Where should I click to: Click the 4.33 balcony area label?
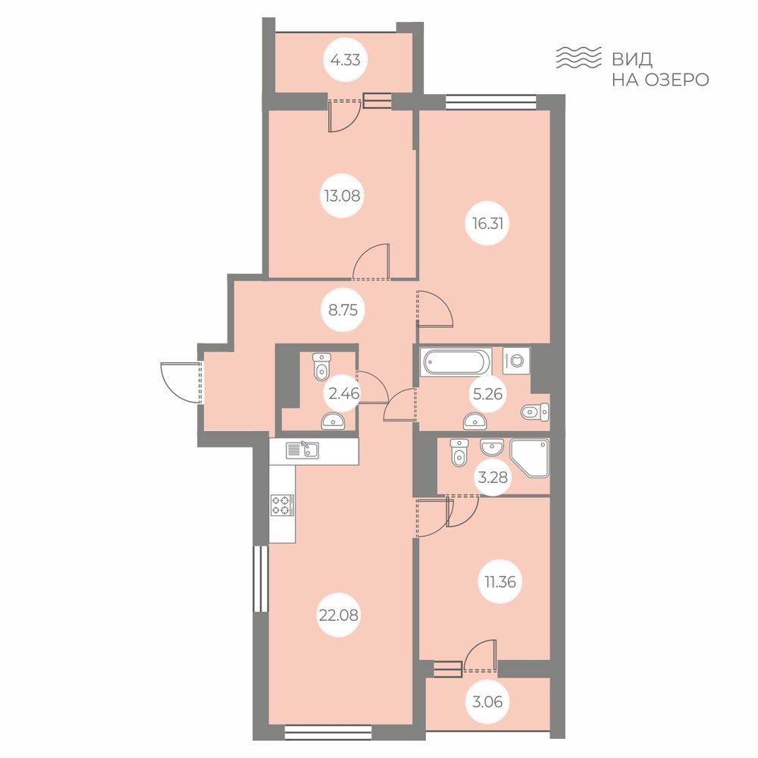coord(345,61)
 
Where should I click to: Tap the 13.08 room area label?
coord(343,196)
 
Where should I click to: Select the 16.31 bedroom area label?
coord(487,224)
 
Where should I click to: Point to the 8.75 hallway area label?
coord(343,310)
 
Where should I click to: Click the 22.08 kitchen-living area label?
coord(338,615)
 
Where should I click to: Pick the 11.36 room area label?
coord(500,581)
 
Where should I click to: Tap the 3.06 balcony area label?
coord(487,701)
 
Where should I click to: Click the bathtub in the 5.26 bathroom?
coord(453,362)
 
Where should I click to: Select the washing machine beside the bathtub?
coord(515,361)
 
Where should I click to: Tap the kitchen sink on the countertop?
coord(302,450)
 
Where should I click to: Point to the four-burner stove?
coord(282,505)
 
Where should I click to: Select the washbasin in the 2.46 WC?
coord(333,421)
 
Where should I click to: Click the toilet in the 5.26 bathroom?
coord(535,412)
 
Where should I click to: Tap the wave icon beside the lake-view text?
coord(578,57)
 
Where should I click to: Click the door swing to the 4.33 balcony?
coord(344,115)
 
